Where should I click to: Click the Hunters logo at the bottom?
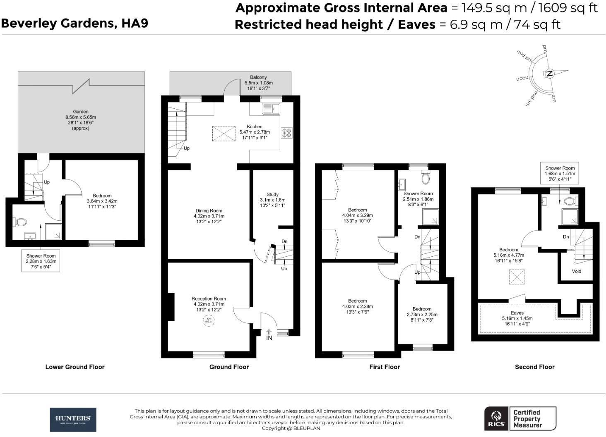coord(73,419)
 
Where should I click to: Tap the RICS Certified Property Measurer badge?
coord(520,418)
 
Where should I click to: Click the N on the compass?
coord(549,74)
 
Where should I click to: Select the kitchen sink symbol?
coord(271,109)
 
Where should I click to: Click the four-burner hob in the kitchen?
coord(287,133)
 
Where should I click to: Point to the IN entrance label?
coord(269,338)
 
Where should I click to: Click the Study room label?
coord(272,194)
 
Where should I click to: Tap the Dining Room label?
coord(209,210)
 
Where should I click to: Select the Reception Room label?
coord(209,298)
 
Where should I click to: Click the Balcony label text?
coord(258,77)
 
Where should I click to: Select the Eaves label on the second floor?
coord(517,313)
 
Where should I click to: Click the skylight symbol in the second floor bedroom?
coord(517,277)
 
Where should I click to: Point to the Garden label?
coord(81,112)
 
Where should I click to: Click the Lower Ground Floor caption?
coord(75,367)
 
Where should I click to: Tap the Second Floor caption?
coord(534,367)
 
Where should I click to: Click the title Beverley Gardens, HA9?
coord(75,23)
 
